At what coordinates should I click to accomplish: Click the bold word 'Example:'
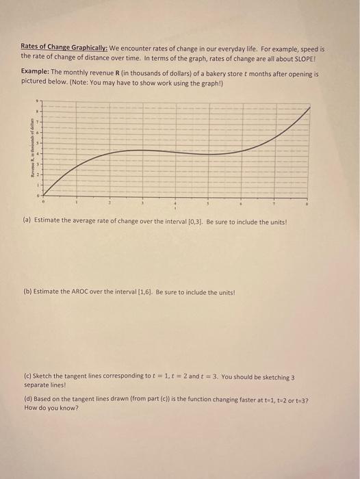(x=38, y=71)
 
